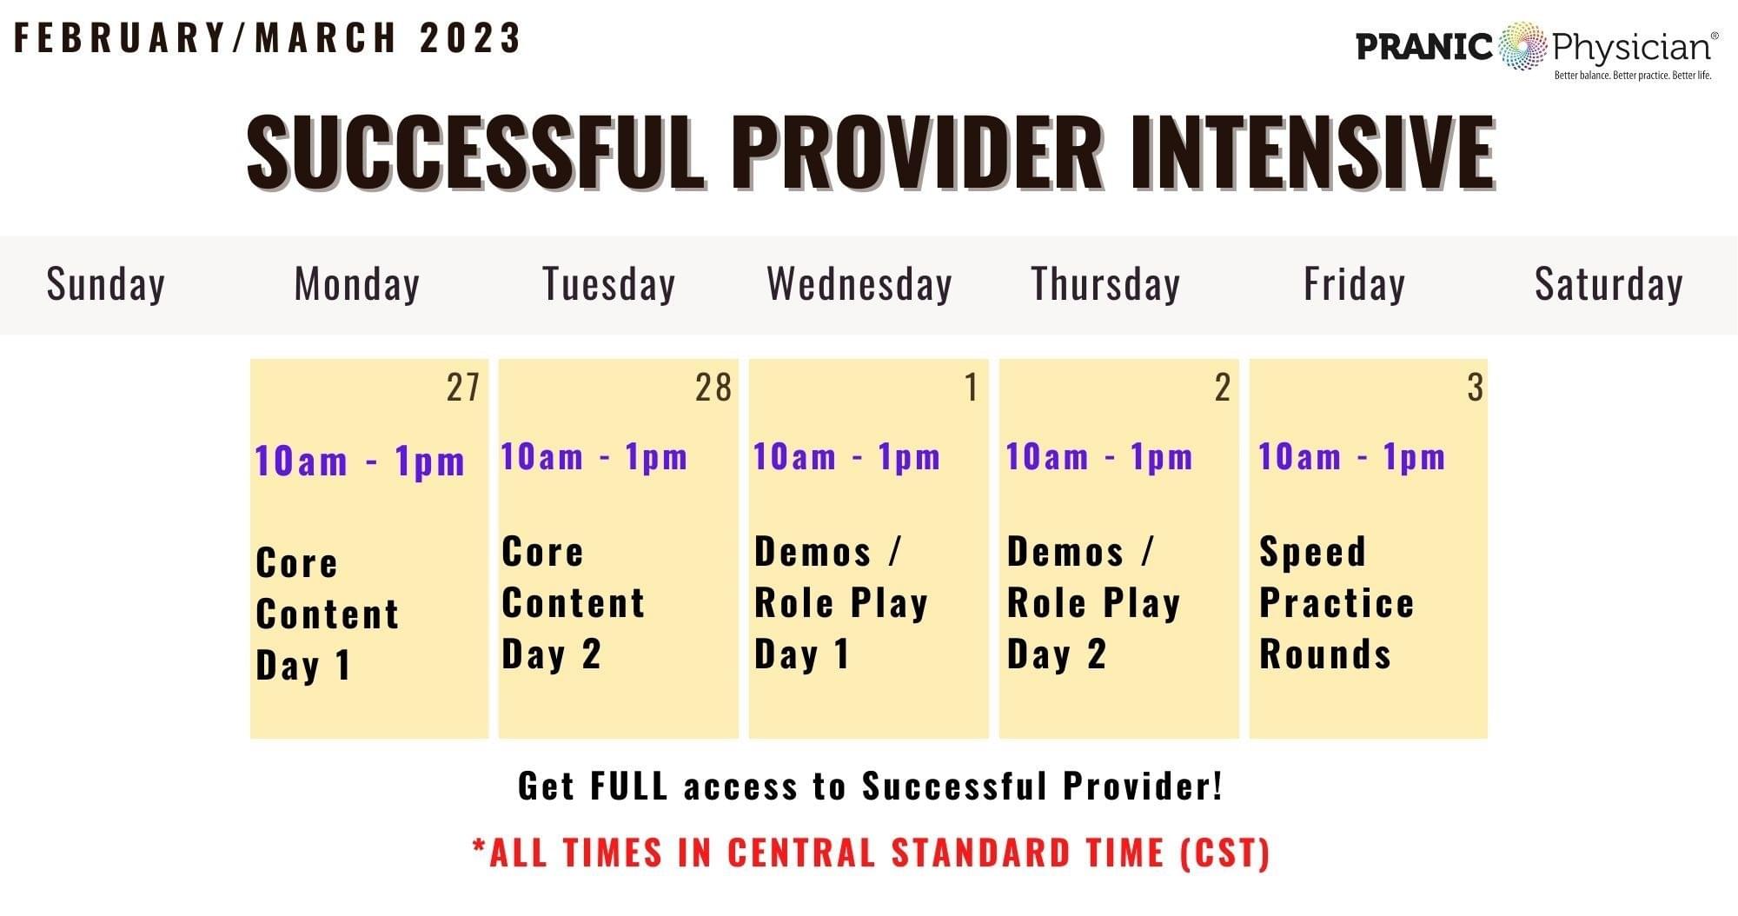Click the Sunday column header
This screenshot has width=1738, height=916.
[106, 285]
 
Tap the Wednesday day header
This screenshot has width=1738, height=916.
[859, 285]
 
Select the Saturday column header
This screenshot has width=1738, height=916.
[1609, 285]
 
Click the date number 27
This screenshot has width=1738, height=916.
[463, 388]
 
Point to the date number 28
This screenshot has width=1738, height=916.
[713, 388]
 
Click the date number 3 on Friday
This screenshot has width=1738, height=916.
[1475, 388]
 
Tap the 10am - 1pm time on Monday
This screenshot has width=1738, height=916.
[360, 461]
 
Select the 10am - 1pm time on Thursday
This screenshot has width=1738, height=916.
[1099, 456]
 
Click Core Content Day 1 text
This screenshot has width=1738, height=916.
[328, 614]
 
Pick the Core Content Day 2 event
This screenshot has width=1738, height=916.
[574, 602]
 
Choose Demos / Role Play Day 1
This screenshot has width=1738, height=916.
[841, 602]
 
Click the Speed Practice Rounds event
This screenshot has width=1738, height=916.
[1337, 602]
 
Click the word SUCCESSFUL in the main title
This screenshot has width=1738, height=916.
[476, 152]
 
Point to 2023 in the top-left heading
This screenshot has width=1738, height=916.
[470, 37]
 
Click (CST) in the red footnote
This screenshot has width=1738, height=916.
[1225, 853]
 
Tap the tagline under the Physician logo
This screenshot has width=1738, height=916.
[1633, 76]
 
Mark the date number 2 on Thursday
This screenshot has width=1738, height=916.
[1223, 388]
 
